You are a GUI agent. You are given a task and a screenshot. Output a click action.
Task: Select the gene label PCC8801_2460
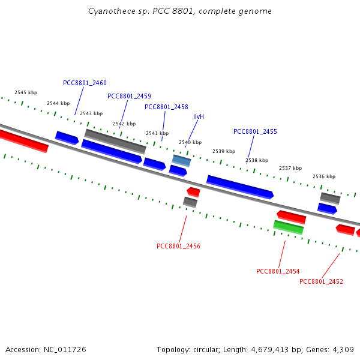tap(85, 83)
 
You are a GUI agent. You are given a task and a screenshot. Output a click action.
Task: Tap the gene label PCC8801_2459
tap(129, 96)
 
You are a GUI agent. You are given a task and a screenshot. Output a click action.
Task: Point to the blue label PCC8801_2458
tap(166, 107)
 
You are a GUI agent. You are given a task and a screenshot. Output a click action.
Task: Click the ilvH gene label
tap(199, 116)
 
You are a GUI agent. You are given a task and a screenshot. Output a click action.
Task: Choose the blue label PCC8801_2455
tap(256, 131)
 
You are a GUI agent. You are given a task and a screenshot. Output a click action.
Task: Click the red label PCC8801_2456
tap(178, 246)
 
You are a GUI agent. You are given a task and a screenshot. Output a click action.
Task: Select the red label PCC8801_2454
tap(278, 271)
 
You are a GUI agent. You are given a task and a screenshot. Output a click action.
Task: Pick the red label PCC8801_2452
tap(321, 281)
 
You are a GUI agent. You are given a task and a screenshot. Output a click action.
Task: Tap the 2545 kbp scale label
tap(26, 92)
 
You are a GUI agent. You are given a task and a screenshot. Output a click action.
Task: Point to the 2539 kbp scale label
tap(224, 151)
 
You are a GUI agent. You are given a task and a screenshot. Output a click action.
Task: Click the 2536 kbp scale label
tap(324, 176)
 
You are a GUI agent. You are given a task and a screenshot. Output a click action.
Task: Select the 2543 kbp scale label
tap(91, 113)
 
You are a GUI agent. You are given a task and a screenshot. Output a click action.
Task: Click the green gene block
tap(289, 227)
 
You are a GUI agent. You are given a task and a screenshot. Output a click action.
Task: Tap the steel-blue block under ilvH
tap(181, 160)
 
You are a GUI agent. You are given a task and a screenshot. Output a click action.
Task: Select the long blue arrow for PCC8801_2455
tap(240, 187)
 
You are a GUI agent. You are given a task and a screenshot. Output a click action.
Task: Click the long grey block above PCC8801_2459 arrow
tap(115, 142)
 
